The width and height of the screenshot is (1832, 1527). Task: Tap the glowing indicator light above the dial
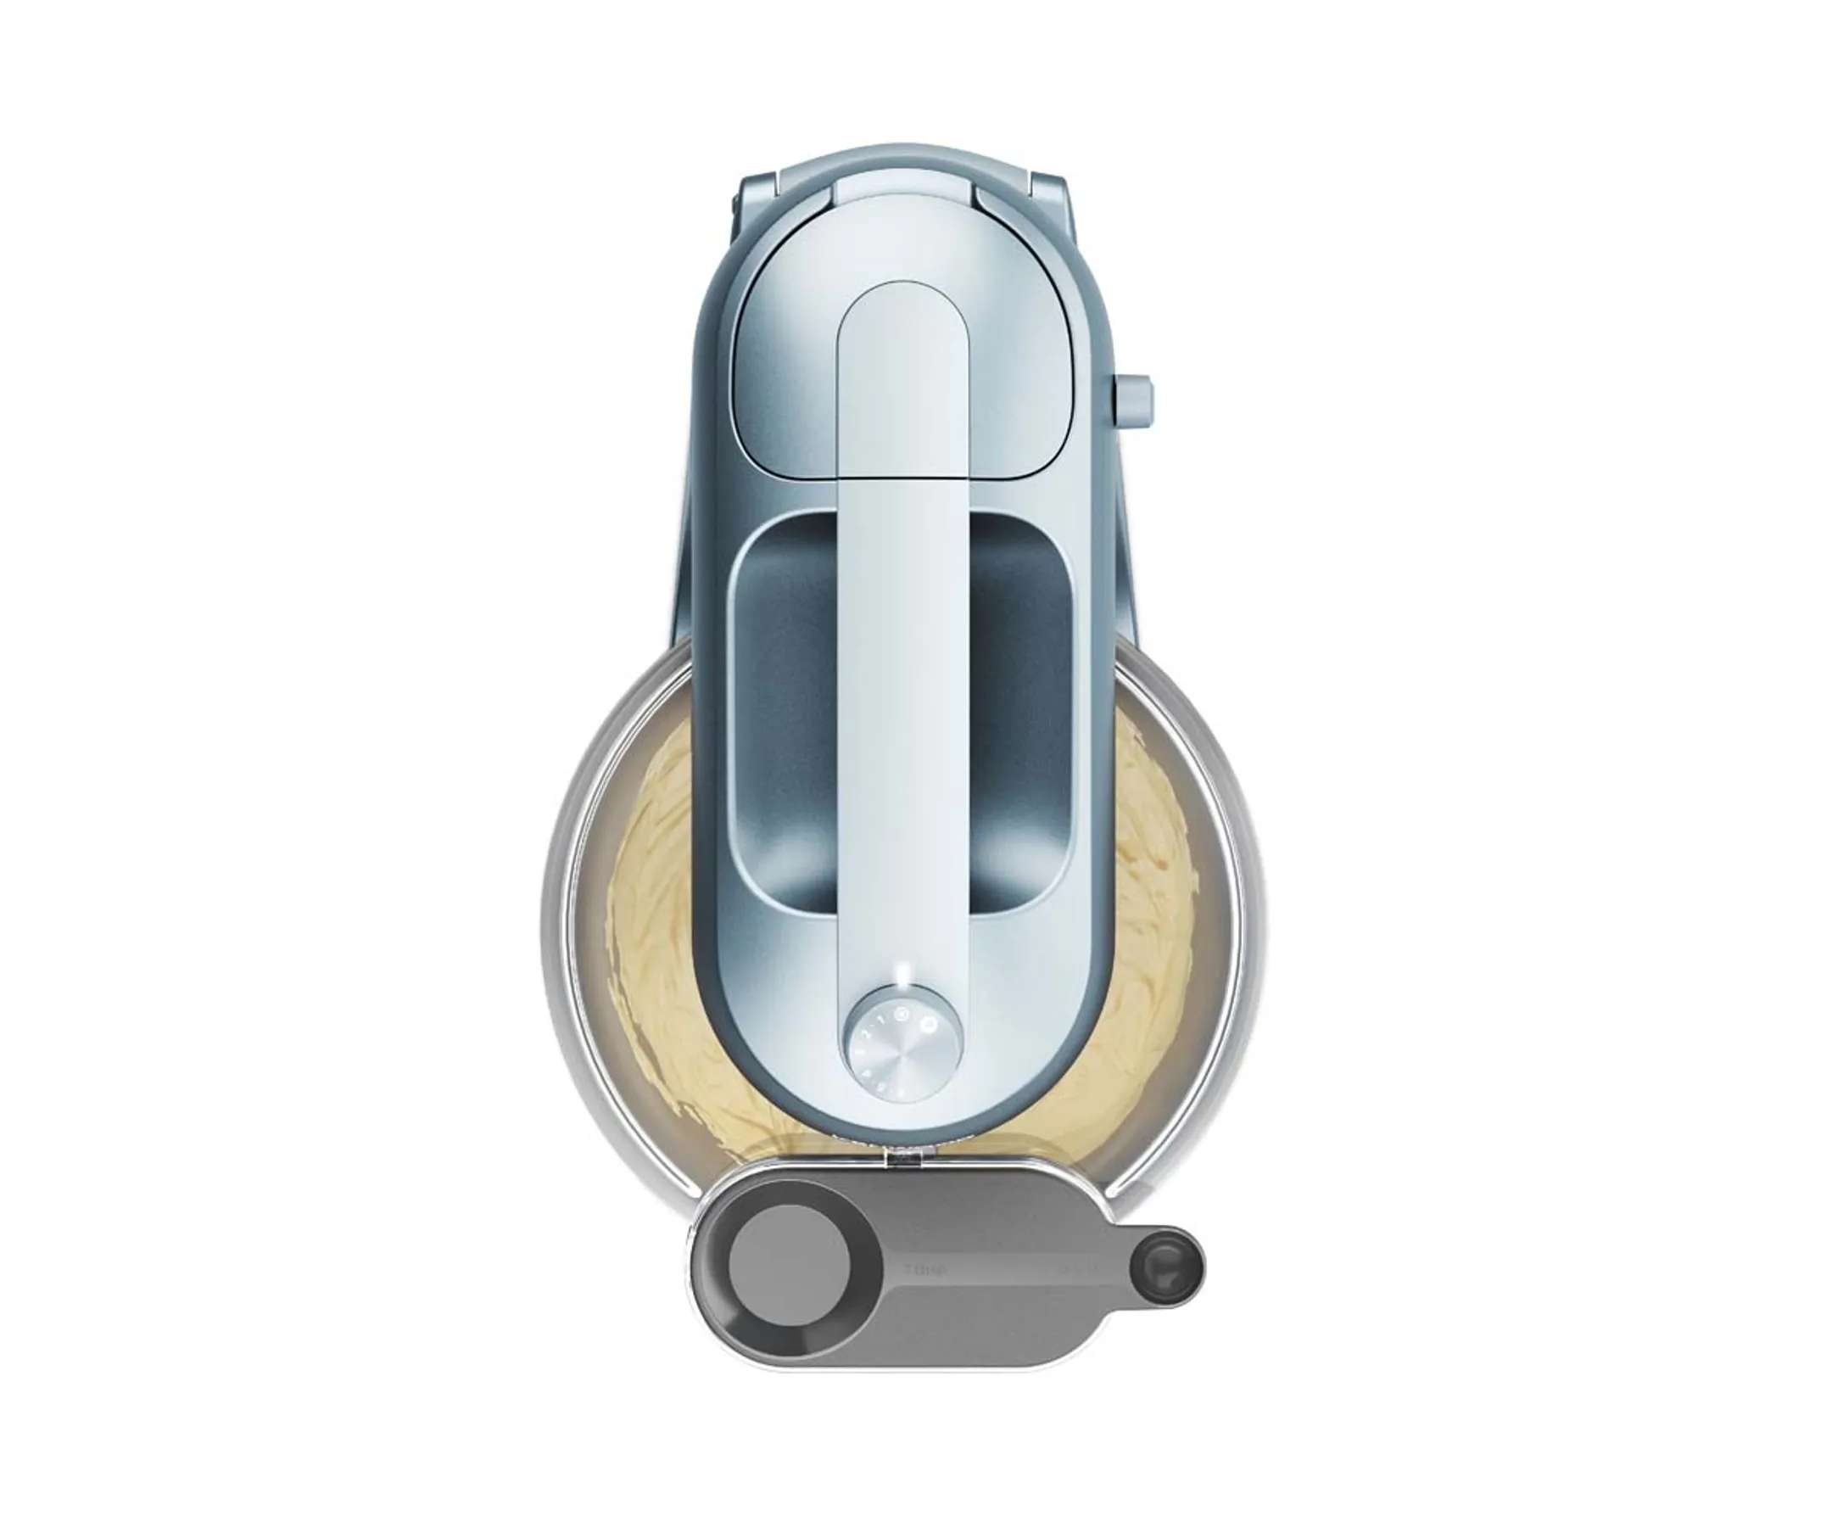click(x=905, y=976)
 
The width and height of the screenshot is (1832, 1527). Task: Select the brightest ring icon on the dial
click(x=928, y=1026)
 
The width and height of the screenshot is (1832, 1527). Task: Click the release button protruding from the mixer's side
click(x=1131, y=402)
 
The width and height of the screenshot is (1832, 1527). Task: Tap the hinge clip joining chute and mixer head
click(x=904, y=1158)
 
